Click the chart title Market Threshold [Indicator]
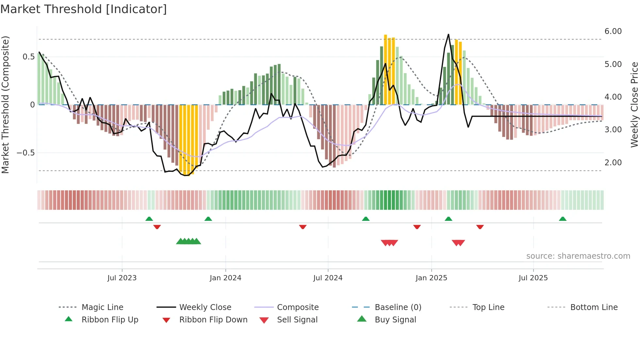[84, 9]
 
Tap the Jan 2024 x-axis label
[225, 278]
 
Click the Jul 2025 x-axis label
[533, 278]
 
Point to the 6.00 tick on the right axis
[613, 31]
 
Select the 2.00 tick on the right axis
[613, 163]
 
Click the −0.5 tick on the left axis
[26, 153]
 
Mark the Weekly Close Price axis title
[634, 105]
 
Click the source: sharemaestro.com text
[578, 256]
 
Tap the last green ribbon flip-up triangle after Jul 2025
[563, 219]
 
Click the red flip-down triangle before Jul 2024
[303, 227]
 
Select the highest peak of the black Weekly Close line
[448, 35]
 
